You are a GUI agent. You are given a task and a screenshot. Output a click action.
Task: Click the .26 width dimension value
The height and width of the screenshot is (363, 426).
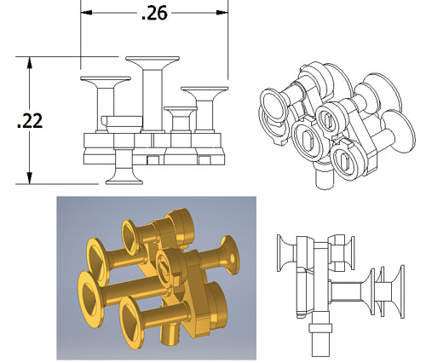click(x=154, y=14)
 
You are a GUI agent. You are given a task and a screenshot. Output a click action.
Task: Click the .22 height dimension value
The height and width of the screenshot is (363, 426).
click(x=30, y=121)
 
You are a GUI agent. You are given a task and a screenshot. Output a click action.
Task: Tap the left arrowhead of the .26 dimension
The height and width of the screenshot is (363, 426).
click(x=86, y=13)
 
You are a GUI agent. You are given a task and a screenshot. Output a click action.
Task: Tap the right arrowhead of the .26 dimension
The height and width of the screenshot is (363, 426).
click(x=222, y=13)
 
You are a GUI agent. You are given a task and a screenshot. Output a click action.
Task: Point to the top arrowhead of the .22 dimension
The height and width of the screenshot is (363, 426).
click(x=29, y=62)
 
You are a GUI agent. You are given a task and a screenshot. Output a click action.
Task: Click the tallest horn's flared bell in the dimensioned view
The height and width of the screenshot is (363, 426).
click(x=153, y=62)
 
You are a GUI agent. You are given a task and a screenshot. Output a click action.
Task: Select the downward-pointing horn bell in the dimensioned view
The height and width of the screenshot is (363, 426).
click(x=124, y=178)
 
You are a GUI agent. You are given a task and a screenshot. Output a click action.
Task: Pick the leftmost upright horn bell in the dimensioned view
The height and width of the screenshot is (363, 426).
click(x=106, y=82)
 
